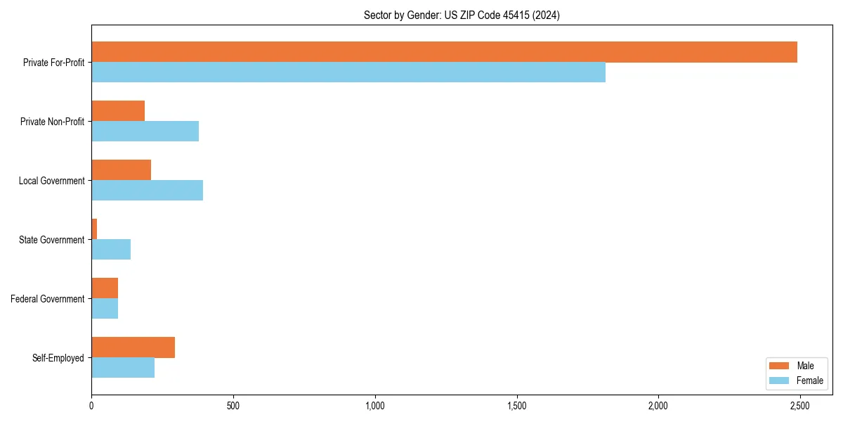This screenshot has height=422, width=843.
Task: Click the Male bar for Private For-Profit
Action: tap(444, 52)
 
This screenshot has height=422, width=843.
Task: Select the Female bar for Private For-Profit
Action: tap(348, 72)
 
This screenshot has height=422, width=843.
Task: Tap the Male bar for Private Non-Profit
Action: tap(118, 111)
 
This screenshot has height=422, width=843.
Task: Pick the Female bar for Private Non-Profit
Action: tap(145, 132)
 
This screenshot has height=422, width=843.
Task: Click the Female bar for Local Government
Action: tap(147, 191)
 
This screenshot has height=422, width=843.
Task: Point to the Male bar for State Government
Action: tap(94, 229)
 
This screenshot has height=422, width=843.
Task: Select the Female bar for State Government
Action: tap(111, 250)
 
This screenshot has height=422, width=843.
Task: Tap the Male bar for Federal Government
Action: tap(105, 288)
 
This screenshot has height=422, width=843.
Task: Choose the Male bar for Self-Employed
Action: tap(133, 347)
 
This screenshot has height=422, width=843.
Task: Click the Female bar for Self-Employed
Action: tap(123, 368)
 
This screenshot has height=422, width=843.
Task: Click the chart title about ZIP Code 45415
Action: tap(462, 15)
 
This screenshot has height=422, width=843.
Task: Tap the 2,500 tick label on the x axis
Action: tap(799, 407)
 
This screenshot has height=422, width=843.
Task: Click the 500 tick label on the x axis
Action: tap(233, 407)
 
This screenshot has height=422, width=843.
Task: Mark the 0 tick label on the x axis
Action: tap(91, 407)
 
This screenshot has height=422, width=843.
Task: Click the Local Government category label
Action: tap(51, 181)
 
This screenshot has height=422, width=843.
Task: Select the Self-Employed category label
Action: tap(58, 358)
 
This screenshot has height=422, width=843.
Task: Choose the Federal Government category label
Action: tap(48, 299)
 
